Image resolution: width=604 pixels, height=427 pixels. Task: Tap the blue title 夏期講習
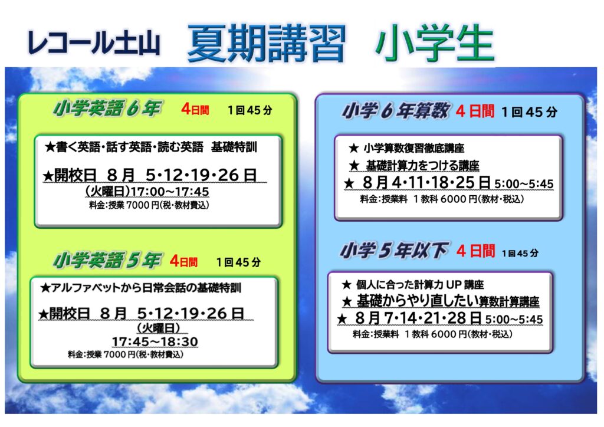[x=267, y=44]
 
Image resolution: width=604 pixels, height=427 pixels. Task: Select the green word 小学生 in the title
[x=435, y=44]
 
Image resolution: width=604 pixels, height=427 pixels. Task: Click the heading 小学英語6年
[x=107, y=108]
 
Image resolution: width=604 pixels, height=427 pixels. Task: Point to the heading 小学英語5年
[x=107, y=260]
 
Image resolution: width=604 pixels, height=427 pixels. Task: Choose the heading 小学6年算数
[x=395, y=111]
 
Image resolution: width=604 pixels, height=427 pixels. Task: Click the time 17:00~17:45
[x=170, y=191]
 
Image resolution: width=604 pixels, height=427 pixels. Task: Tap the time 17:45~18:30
[x=155, y=341]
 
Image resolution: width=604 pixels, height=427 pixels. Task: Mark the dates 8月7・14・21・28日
[x=418, y=318]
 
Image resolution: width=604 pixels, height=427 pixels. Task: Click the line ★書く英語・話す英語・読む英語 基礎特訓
[x=150, y=147]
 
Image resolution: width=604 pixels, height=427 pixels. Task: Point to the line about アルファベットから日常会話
[x=140, y=288]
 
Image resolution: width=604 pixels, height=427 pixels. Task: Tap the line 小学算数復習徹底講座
[x=406, y=148]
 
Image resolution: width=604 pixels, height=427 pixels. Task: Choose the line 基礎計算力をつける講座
[x=414, y=166]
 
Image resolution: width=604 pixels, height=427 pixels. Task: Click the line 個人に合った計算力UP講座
[x=412, y=284]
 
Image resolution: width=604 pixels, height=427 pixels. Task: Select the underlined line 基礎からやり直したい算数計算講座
[x=441, y=301]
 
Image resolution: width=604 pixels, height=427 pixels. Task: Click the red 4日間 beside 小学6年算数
[x=475, y=111]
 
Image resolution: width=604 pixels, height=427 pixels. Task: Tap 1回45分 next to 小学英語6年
[x=250, y=110]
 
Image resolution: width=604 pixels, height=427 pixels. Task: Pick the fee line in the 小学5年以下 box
[x=432, y=334]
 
